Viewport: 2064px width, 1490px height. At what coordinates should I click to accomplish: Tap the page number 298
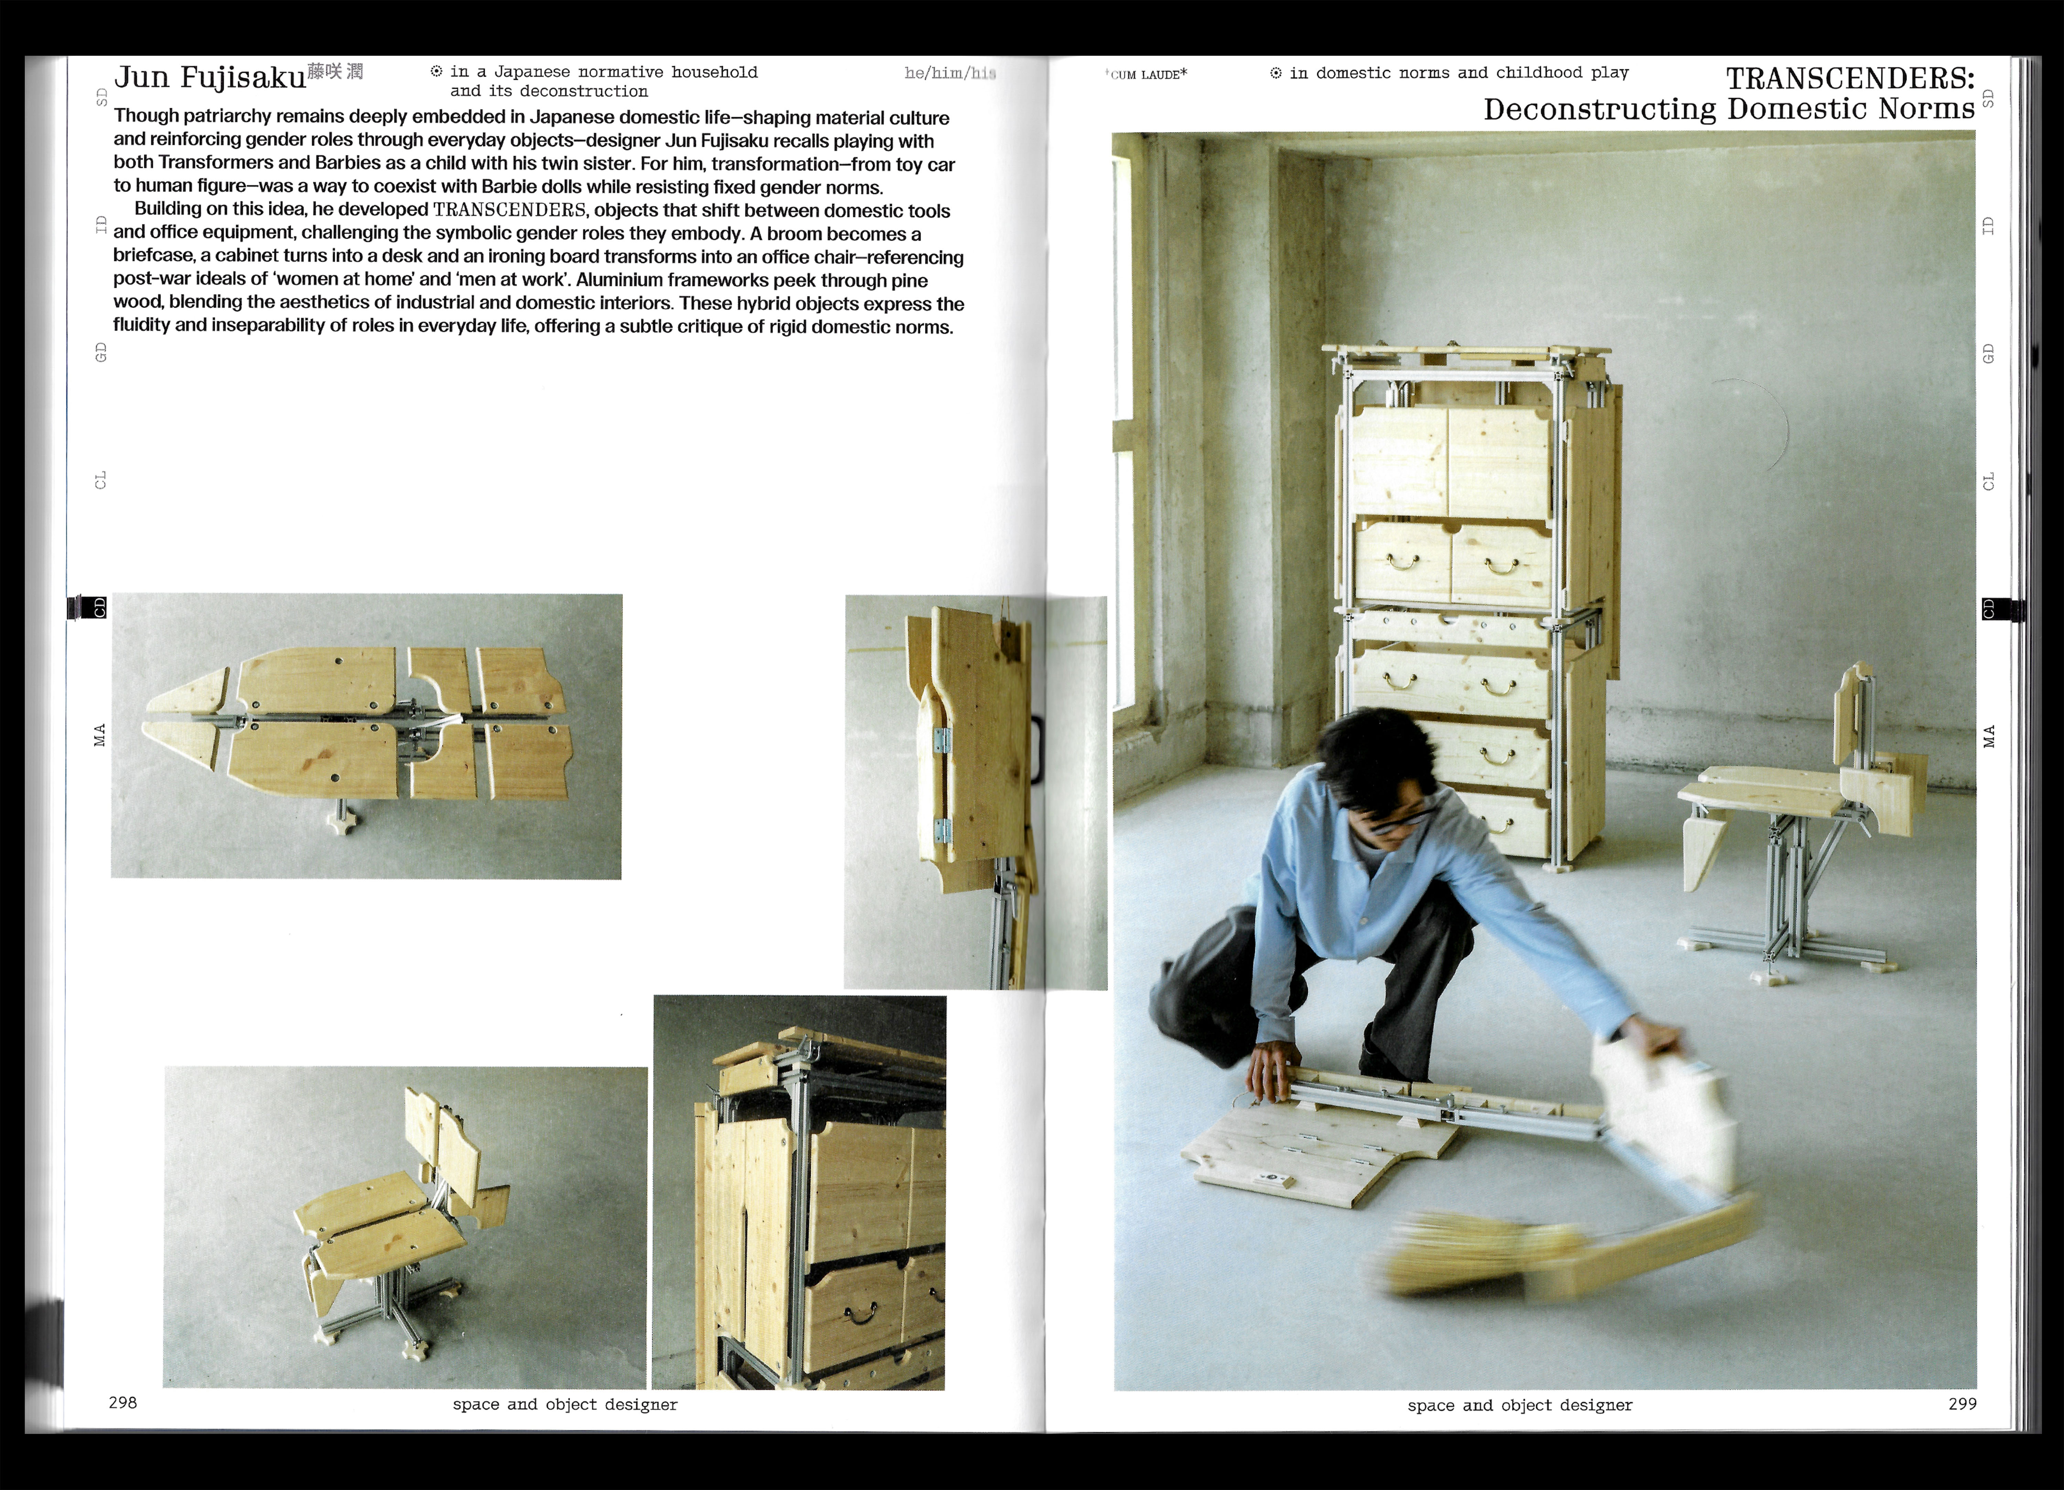[123, 1403]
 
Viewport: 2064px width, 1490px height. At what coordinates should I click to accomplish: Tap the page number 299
[1962, 1404]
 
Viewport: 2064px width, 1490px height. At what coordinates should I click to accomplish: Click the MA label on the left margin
[100, 735]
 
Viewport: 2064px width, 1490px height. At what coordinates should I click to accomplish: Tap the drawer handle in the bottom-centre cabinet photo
[857, 1313]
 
